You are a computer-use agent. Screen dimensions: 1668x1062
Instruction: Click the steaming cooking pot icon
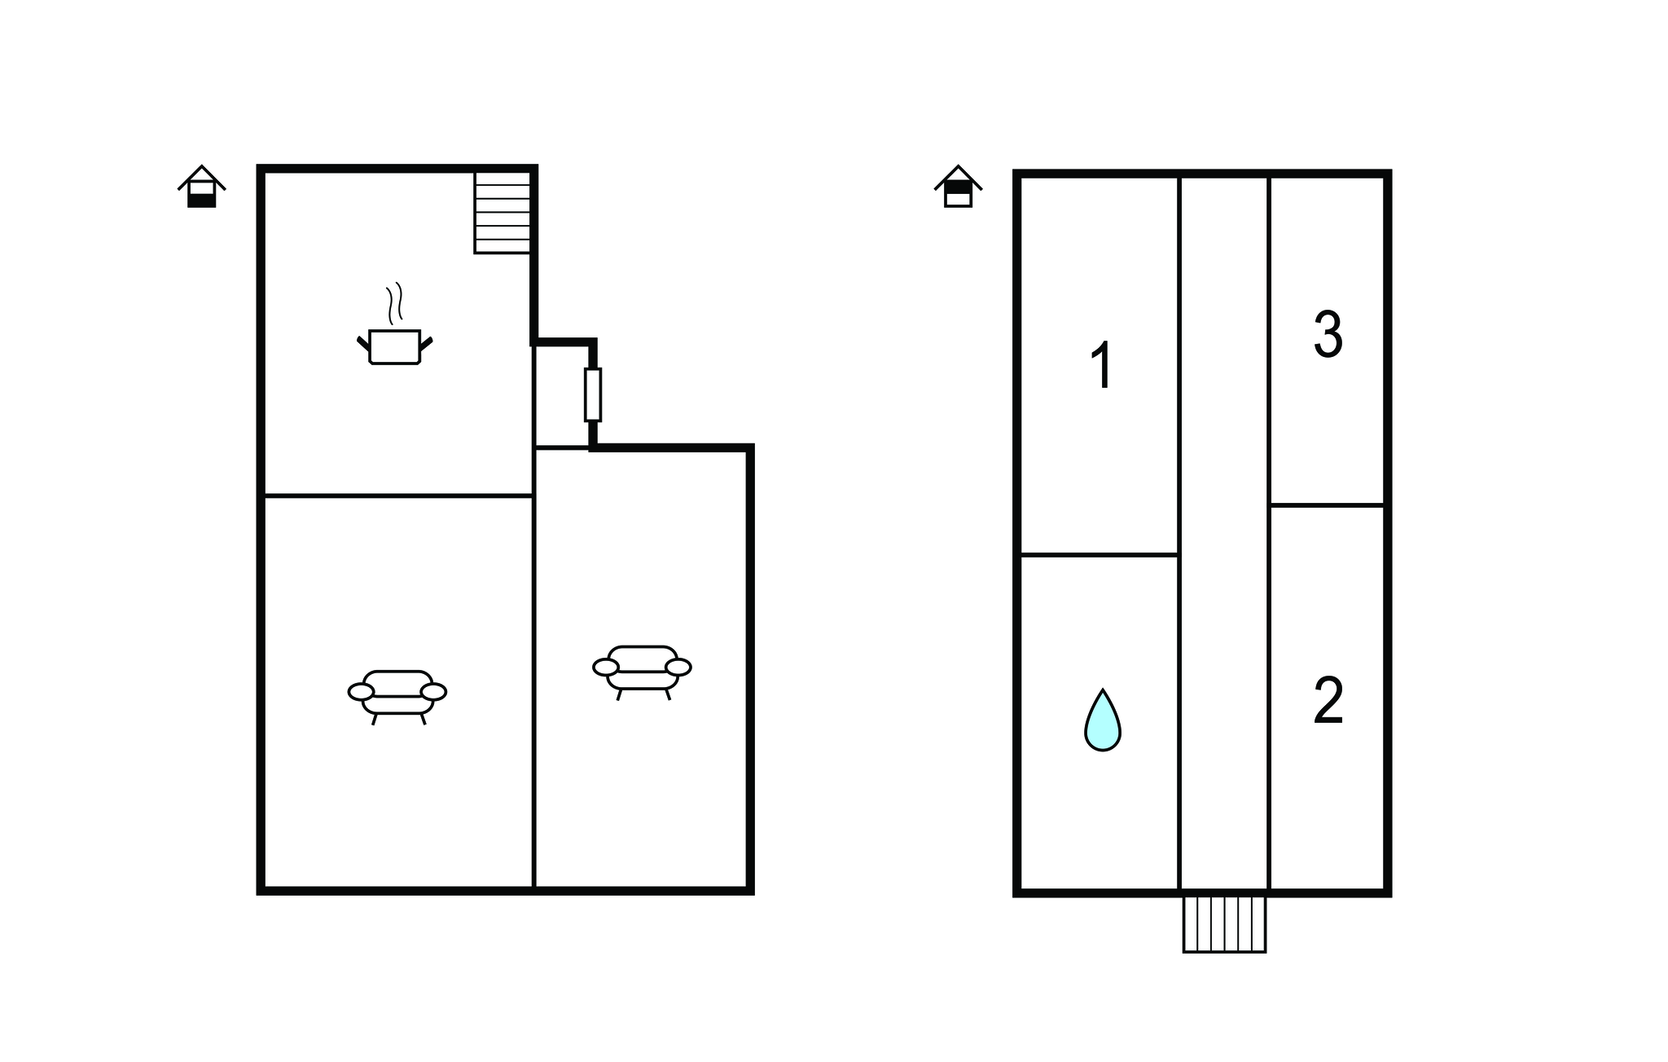(395, 324)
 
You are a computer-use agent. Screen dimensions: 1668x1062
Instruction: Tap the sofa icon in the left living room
(397, 698)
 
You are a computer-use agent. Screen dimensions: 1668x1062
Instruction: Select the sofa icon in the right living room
(643, 673)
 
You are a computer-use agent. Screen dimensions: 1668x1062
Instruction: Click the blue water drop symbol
(1103, 720)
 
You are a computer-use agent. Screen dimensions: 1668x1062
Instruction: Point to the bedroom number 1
(1102, 365)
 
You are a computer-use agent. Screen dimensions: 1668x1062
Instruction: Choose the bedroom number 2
(1328, 700)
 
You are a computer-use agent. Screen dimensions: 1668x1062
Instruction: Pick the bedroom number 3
(1328, 334)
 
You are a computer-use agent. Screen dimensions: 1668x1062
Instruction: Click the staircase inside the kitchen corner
(503, 212)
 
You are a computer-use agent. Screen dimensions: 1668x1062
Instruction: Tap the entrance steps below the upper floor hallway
(1224, 924)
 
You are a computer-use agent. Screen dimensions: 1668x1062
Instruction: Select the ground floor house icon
(202, 187)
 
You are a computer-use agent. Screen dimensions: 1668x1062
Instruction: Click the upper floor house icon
(959, 187)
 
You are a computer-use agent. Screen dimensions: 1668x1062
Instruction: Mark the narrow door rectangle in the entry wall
(593, 394)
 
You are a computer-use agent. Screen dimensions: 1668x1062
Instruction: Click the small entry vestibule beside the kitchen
(562, 396)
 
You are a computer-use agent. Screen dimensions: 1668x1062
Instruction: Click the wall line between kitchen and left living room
(398, 496)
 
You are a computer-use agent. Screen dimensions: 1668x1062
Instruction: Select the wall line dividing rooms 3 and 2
(1328, 505)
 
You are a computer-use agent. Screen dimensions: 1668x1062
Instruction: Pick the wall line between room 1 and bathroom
(1100, 555)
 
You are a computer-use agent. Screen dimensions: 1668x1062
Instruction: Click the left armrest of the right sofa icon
(606, 668)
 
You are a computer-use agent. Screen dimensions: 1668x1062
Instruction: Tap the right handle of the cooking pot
(426, 343)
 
